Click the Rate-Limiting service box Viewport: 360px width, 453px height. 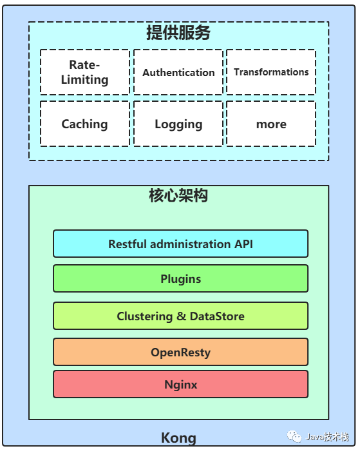pyautogui.click(x=85, y=72)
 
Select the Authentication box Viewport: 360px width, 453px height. pyautogui.click(x=178, y=72)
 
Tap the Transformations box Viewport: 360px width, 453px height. pyautogui.click(x=271, y=72)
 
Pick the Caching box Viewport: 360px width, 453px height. pyautogui.click(x=85, y=124)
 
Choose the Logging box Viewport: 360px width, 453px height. pyautogui.click(x=178, y=124)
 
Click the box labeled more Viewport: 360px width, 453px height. pyautogui.click(x=271, y=124)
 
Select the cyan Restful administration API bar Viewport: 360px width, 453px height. pyautogui.click(x=181, y=244)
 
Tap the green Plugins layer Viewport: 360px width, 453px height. pyautogui.click(x=181, y=278)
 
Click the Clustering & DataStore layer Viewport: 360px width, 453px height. pyautogui.click(x=181, y=316)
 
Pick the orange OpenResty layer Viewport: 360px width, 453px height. pyautogui.click(x=181, y=352)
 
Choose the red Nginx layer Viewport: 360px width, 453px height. pyautogui.click(x=181, y=384)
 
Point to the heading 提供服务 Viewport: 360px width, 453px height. pyautogui.click(x=178, y=32)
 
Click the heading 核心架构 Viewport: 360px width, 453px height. pyautogui.click(x=178, y=196)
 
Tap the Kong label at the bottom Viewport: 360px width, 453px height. pyautogui.click(x=178, y=438)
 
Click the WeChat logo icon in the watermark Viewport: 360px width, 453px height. pyautogui.click(x=294, y=436)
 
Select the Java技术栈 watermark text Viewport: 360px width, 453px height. pyautogui.click(x=327, y=437)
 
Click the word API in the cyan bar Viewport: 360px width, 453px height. pyautogui.click(x=243, y=244)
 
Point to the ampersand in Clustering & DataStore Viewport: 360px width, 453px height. pyautogui.click(x=182, y=316)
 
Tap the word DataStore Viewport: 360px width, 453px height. pyautogui.click(x=217, y=316)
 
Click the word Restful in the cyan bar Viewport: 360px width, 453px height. pyautogui.click(x=128, y=244)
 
